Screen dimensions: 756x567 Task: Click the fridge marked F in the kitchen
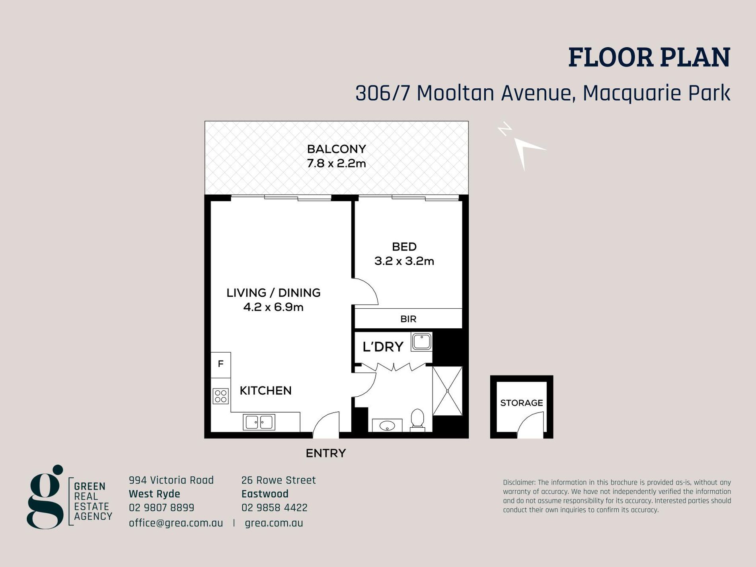(221, 365)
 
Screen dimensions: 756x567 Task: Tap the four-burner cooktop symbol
(221, 396)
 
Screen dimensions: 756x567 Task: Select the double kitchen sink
(259, 422)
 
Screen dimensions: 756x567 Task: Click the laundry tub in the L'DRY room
(421, 342)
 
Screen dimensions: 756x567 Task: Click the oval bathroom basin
(387, 426)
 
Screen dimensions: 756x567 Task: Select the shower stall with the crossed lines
(448, 391)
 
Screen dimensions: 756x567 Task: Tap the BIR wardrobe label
(408, 319)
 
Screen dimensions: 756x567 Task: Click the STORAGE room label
(522, 403)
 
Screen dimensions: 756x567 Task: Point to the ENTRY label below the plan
(326, 453)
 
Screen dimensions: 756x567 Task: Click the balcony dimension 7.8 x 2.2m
(337, 164)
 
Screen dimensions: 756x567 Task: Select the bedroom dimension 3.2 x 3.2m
(404, 261)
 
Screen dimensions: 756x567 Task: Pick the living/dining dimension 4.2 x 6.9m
(273, 307)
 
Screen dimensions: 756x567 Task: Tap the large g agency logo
(45, 497)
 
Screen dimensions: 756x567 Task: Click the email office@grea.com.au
(176, 523)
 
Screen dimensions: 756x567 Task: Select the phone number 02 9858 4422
(275, 508)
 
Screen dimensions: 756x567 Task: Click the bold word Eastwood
(265, 494)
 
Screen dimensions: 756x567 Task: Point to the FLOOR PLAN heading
(649, 57)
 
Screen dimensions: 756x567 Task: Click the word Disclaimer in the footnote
(519, 483)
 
